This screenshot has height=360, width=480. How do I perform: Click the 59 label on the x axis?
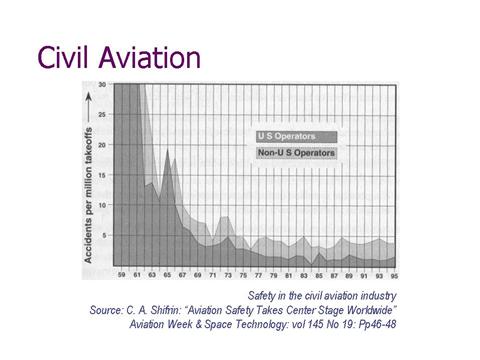coord(121,275)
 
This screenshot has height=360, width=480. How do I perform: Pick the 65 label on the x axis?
coord(166,275)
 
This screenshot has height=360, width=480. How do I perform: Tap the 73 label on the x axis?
coord(228,275)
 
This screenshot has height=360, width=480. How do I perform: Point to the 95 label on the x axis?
coord(395,275)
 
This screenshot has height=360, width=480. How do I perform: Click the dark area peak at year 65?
coord(167,150)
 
